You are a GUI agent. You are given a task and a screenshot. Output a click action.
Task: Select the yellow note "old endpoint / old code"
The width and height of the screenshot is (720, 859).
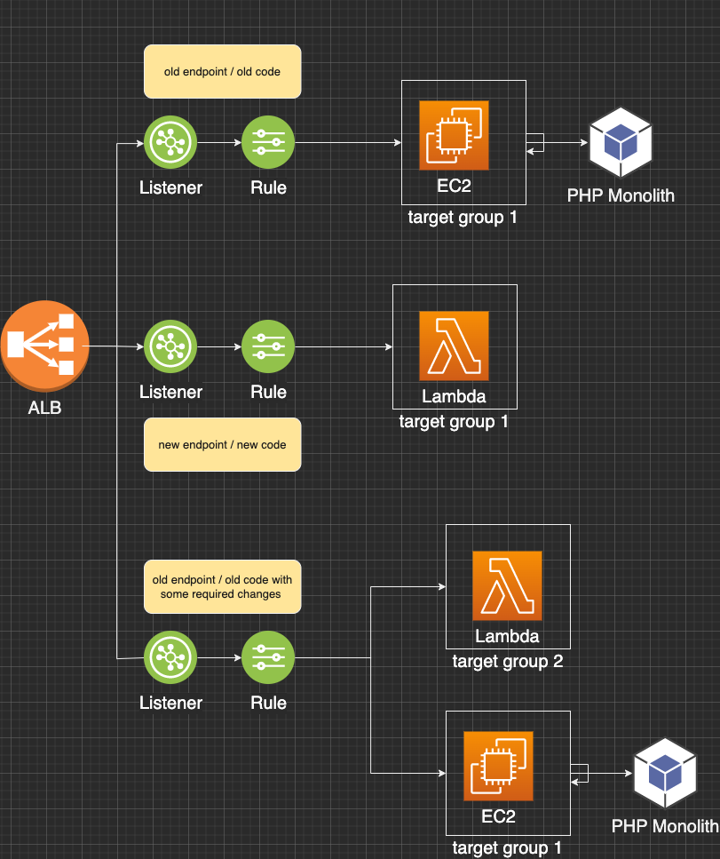223,71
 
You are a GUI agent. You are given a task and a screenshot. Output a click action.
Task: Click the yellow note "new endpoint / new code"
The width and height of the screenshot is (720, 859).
222,444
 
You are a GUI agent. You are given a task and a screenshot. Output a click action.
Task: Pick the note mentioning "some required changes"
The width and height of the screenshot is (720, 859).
222,586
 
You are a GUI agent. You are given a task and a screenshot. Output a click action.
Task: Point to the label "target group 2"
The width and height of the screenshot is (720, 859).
507,661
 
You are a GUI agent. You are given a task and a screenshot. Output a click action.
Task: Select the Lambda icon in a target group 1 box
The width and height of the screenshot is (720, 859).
454,346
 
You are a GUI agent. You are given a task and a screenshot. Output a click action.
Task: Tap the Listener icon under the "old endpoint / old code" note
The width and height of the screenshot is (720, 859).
170,142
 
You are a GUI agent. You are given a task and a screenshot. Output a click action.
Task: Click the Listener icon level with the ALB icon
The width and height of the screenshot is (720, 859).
170,346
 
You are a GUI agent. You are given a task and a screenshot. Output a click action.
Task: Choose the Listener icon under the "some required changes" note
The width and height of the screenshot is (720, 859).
170,657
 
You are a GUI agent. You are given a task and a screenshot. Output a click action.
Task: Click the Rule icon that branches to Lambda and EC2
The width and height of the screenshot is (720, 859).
268,657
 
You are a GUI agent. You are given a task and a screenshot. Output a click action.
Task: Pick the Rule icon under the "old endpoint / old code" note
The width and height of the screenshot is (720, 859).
268,142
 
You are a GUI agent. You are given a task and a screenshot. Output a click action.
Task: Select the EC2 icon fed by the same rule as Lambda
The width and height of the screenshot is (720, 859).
498,766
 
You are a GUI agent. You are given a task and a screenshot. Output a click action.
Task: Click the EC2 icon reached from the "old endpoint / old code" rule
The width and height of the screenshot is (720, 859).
454,134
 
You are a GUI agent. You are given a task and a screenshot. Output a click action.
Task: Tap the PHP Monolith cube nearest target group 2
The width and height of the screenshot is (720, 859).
665,770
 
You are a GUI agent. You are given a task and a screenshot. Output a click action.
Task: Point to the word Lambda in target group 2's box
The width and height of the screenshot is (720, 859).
507,636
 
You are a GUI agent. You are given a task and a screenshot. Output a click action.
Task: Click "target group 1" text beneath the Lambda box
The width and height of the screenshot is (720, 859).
454,421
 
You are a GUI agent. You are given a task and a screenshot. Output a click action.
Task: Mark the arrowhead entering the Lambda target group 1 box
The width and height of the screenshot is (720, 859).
388,346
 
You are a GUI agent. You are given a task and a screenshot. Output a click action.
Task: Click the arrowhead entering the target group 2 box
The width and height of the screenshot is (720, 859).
441,587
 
